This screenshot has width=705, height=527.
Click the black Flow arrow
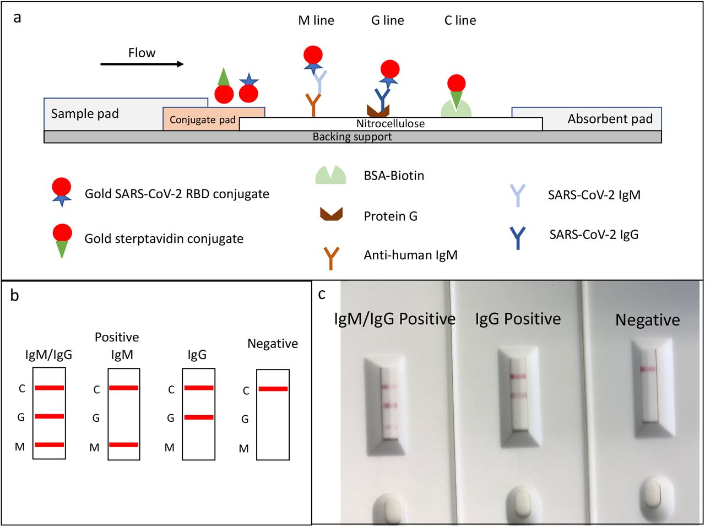pos(142,64)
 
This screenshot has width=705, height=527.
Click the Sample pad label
pos(85,113)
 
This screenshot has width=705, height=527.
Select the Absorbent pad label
pos(610,119)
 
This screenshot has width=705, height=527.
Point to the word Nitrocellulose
pos(391,123)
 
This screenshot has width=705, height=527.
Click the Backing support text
pos(352,137)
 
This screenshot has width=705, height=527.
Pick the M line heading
pos(316,20)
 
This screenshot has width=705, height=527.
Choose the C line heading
pos(460,20)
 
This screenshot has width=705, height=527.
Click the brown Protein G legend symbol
pos(332,214)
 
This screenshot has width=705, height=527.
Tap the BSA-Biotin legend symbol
pos(330,175)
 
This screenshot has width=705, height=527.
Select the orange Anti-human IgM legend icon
pos(331,258)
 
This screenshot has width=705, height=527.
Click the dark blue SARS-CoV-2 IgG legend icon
pos(518,238)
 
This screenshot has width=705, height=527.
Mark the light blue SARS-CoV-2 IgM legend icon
pos(517,195)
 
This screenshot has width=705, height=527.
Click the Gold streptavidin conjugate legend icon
pos(62,241)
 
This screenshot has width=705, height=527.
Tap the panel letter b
pos(14,295)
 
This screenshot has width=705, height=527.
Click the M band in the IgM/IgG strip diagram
pos(50,445)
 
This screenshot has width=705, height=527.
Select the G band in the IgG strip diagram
pos(199,417)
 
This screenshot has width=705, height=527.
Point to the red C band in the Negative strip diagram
pos(273,389)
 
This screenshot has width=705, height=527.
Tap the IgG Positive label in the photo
pos(518,319)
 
